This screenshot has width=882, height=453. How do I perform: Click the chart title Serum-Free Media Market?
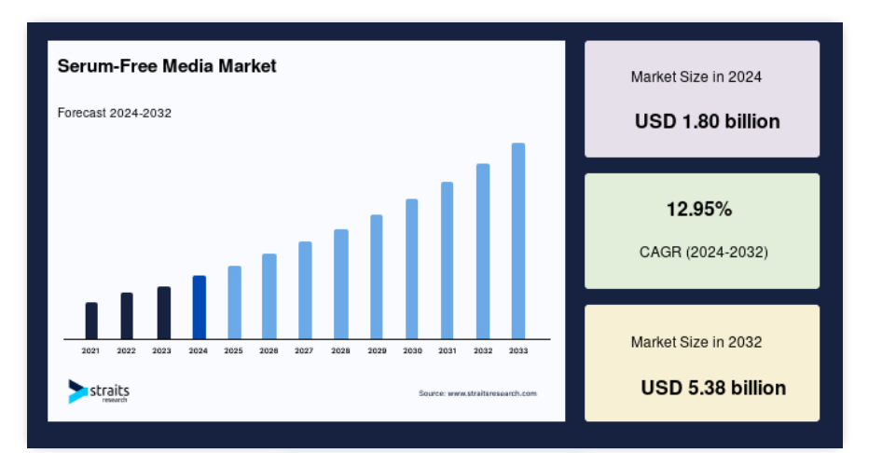167,66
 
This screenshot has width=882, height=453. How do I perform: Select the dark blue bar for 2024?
200,308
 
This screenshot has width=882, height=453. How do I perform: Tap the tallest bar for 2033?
518,241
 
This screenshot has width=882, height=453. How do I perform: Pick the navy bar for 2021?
91,321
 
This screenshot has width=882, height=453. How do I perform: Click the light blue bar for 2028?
341,284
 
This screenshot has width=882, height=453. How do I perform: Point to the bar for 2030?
412,269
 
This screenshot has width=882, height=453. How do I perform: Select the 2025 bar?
235,302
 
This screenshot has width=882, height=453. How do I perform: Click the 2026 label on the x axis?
269,350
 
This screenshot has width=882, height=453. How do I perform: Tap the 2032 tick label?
483,350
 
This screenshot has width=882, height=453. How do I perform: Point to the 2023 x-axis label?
161,350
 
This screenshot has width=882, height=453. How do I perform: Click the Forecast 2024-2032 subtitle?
114,113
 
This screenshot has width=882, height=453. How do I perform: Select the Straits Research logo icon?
77,391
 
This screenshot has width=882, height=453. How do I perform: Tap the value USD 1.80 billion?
707,121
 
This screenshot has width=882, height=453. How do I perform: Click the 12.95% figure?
699,210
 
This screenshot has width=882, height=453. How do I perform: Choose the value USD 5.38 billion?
713,388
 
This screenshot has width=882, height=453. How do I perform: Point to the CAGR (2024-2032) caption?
704,252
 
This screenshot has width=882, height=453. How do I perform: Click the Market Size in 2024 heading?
696,76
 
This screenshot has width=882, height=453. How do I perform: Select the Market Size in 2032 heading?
696,342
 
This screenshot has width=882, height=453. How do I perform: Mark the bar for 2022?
127,316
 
